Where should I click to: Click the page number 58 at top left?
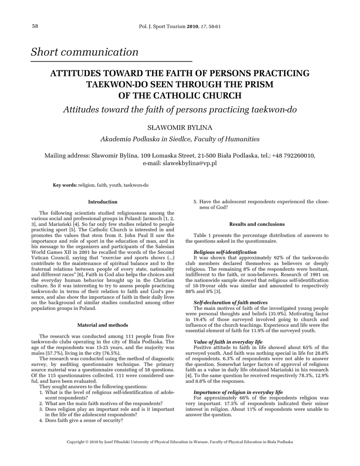(35, 26)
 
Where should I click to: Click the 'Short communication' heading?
(85, 52)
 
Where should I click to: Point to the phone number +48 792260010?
(293, 156)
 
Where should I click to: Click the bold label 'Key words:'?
(65, 185)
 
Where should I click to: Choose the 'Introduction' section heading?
(102, 202)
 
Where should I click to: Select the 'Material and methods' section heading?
(102, 325)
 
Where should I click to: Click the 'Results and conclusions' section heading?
(257, 224)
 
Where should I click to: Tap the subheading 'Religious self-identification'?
(225, 252)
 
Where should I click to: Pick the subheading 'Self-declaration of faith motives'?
(230, 302)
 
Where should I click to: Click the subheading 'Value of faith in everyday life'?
(228, 341)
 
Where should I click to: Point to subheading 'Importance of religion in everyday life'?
(238, 392)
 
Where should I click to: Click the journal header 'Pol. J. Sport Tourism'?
(162, 26)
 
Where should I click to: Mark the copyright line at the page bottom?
(180, 442)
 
